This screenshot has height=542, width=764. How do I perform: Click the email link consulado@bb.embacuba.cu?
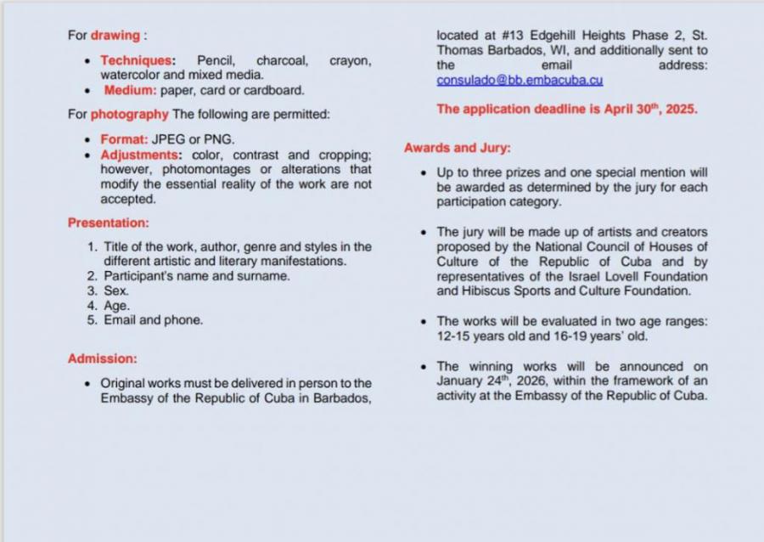(x=520, y=81)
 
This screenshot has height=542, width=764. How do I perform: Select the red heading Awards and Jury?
(x=457, y=148)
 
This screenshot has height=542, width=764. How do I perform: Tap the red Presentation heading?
(x=108, y=223)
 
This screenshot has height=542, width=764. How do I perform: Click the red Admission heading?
(x=102, y=359)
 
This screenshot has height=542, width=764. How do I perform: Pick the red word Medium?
(x=130, y=90)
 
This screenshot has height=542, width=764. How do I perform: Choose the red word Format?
(x=123, y=139)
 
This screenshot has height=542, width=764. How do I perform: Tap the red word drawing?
(x=115, y=36)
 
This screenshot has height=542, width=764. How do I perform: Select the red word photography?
(x=129, y=114)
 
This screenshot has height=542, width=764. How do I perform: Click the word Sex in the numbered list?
(x=115, y=291)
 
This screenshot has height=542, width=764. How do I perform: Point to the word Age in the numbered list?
(x=116, y=306)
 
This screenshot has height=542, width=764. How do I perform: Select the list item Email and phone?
(x=153, y=320)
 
